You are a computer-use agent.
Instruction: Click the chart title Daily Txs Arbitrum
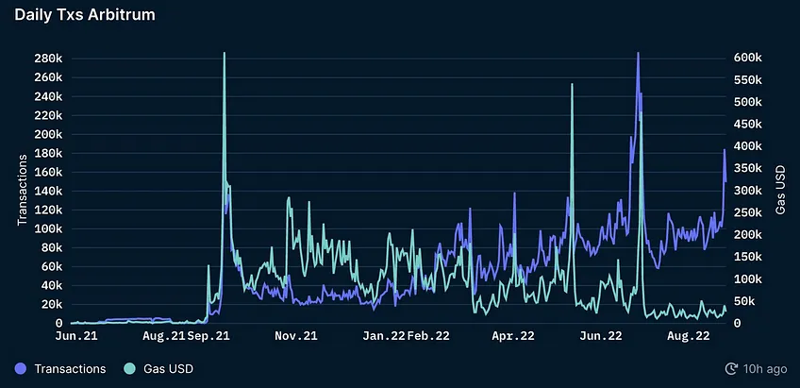85,15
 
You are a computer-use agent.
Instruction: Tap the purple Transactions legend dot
21,368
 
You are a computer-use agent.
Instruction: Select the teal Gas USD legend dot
129,368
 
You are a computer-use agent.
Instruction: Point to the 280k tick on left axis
48,59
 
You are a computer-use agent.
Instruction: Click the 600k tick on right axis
748,58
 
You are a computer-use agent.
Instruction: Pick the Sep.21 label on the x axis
208,335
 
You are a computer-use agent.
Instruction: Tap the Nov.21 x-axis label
296,335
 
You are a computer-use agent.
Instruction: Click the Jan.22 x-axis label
384,335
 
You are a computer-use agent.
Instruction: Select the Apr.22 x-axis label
513,335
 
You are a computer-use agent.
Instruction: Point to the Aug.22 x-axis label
689,335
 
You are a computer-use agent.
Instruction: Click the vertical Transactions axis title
22,190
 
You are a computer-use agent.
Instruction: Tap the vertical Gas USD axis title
780,190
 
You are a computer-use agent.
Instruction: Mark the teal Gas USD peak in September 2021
224,53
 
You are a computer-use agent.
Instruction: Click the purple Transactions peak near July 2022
638,53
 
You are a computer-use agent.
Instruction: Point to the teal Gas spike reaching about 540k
572,84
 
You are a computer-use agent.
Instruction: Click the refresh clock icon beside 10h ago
731,368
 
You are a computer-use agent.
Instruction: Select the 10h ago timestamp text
765,368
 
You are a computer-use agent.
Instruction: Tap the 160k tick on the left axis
48,172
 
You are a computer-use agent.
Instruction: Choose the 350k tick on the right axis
748,168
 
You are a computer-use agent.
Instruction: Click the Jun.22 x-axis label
601,335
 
